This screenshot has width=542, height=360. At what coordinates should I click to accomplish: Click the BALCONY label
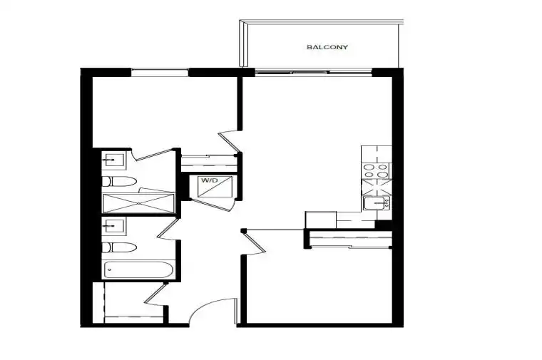(x=327, y=47)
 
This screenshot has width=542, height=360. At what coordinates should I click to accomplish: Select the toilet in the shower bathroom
(x=119, y=181)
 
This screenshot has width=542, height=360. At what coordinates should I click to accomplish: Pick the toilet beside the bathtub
(x=119, y=247)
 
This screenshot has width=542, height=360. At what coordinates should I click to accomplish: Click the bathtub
(x=138, y=269)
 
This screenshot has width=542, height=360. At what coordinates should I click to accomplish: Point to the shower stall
(x=138, y=203)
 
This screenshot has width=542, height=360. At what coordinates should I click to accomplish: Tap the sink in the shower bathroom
(x=114, y=160)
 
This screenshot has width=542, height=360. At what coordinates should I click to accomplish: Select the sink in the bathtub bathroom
(x=114, y=226)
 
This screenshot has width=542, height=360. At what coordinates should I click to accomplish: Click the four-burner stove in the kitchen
(x=376, y=170)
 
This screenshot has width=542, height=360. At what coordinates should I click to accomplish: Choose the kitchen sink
(x=376, y=202)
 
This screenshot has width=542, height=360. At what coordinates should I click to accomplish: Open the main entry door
(x=213, y=311)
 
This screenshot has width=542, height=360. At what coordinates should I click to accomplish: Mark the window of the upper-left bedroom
(x=160, y=72)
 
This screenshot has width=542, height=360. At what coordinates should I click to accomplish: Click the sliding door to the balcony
(x=314, y=73)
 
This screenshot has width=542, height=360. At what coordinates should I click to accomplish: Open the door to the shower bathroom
(x=154, y=155)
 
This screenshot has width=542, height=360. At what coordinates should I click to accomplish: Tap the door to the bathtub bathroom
(x=168, y=229)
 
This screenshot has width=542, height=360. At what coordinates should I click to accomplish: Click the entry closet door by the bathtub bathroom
(x=155, y=294)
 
